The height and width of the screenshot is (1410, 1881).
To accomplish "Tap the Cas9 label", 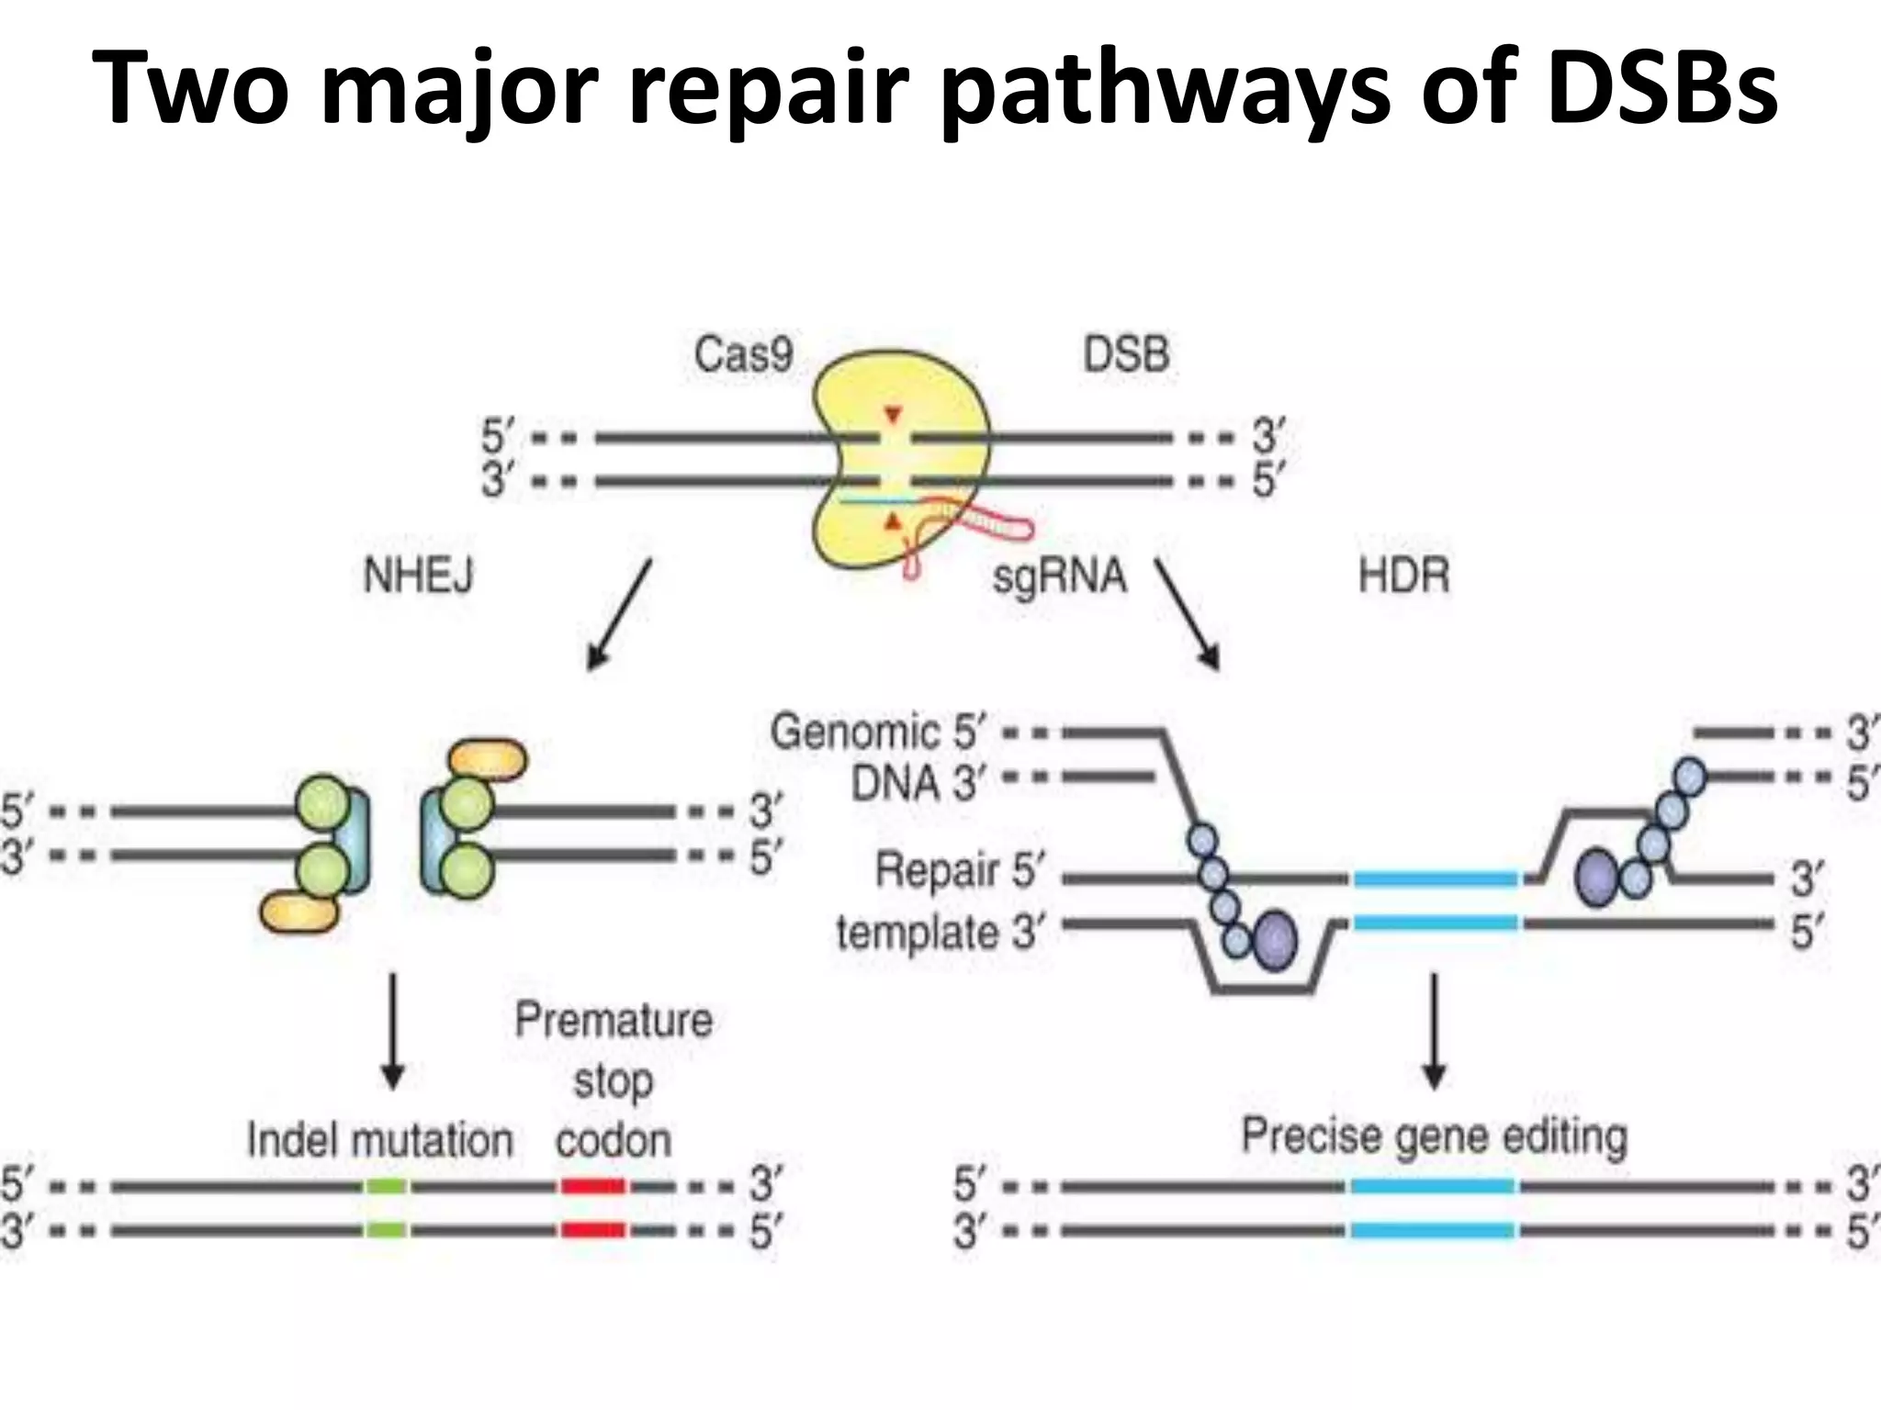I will coord(742,354).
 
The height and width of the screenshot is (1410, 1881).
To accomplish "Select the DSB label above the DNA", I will coord(1126,355).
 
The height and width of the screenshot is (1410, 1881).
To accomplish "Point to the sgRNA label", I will coord(1059,576).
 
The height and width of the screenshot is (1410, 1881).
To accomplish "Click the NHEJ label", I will coord(419,576).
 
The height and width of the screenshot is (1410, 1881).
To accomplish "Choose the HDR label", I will coord(1403,576).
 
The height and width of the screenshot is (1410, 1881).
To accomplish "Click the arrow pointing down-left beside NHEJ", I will coord(620,614).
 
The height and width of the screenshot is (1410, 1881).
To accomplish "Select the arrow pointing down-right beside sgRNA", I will coord(1188,614).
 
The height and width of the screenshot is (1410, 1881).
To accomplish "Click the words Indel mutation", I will coord(379,1141).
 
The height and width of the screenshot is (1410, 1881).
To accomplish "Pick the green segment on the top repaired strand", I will coord(386,1186).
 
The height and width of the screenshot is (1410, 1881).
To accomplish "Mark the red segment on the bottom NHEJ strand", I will coord(593,1230).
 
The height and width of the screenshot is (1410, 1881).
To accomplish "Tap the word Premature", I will coord(614,1020).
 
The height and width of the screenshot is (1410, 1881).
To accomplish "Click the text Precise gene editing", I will coord(1434,1136).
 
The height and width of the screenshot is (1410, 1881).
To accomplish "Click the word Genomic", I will coord(855,732).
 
